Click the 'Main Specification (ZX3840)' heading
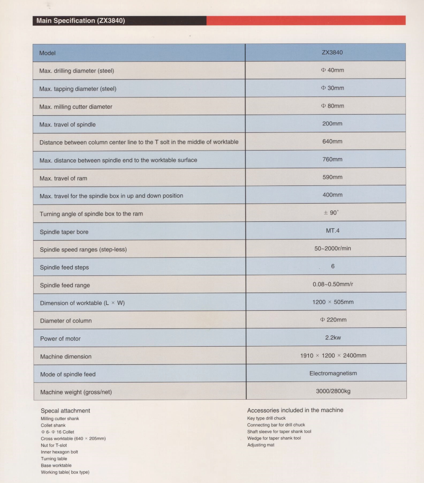click(81, 21)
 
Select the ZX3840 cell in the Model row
click(332, 53)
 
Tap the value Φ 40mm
click(332, 70)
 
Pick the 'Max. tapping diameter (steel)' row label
click(78, 89)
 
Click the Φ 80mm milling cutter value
click(332, 106)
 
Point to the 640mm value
click(332, 141)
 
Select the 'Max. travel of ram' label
click(63, 178)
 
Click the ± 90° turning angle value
click(331, 213)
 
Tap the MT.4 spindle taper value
click(332, 231)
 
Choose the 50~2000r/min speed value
click(332, 248)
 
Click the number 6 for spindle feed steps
click(333, 266)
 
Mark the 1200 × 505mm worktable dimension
click(333, 302)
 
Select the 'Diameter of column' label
click(66, 321)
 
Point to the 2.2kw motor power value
click(333, 338)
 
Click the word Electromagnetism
click(333, 373)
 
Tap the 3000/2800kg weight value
click(333, 391)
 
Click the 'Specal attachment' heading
click(65, 411)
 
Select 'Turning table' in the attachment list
click(54, 459)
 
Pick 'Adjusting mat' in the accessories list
click(261, 445)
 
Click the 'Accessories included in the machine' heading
click(295, 410)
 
